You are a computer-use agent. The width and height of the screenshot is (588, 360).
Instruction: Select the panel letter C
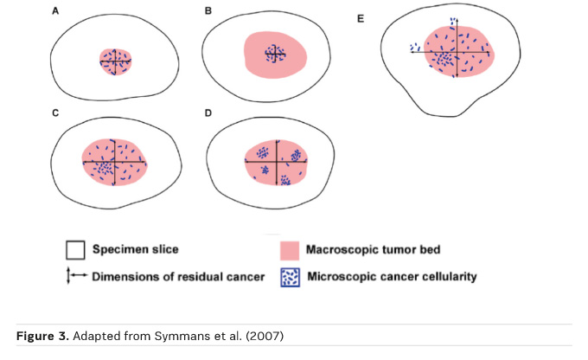(x=55, y=113)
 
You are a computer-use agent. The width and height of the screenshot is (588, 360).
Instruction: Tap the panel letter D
(x=208, y=113)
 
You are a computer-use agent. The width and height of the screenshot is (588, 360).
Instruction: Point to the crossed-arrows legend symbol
(x=74, y=277)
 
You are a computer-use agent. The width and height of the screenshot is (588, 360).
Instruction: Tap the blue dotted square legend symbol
(x=291, y=278)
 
